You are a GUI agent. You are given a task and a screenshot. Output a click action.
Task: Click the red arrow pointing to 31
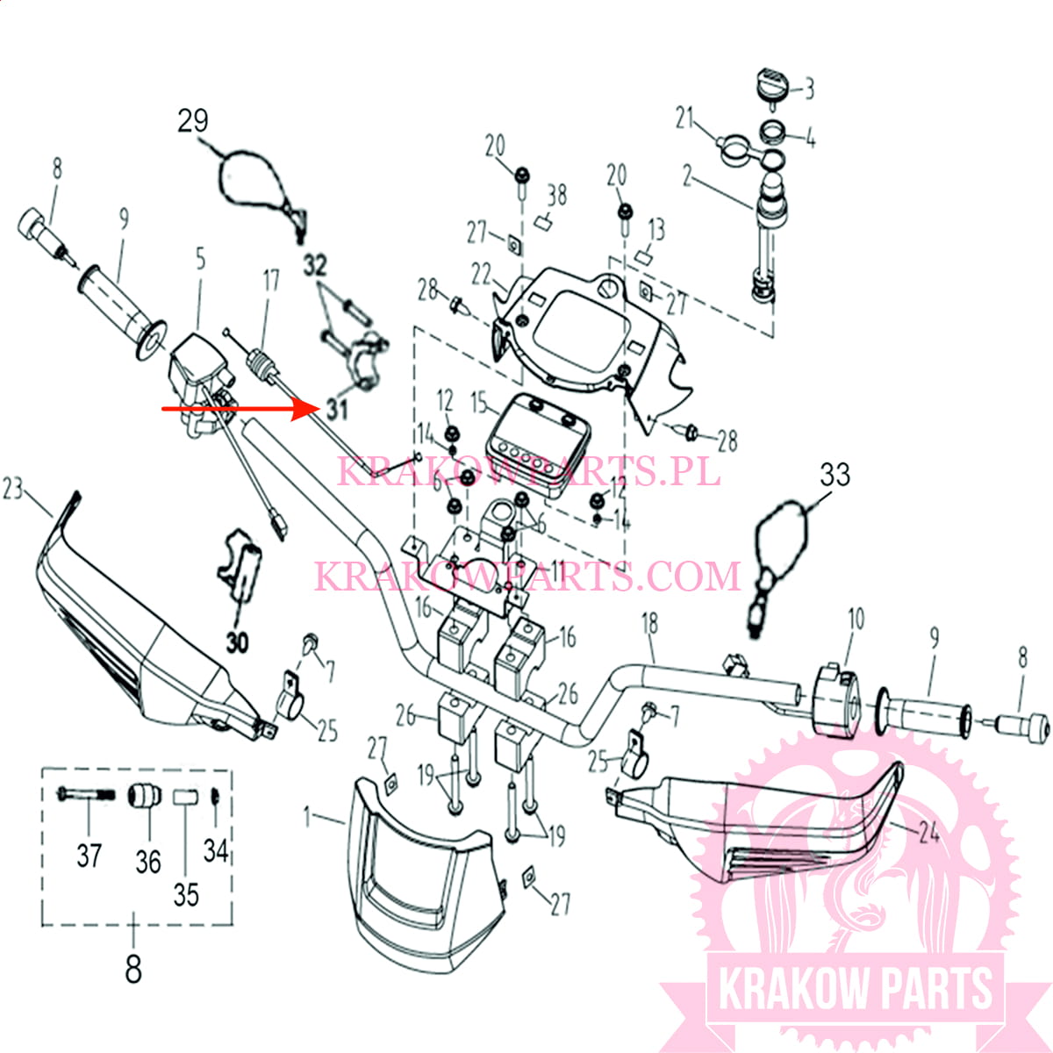pos(237,408)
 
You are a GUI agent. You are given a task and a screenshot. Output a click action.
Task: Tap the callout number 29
pos(193,120)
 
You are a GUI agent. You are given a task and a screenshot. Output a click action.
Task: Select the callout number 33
pos(835,475)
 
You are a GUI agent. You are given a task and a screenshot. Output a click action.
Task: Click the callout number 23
pos(13,488)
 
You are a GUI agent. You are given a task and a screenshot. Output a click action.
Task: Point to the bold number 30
pos(238,642)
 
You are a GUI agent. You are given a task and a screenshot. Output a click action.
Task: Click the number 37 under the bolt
pos(89,855)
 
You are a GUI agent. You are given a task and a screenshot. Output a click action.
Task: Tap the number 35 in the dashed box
pos(186,894)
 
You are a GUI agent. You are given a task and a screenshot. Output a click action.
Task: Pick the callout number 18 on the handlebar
pos(649,624)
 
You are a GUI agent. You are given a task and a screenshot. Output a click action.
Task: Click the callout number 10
pos(856,619)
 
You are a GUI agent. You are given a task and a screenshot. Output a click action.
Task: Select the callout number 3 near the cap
pos(809,88)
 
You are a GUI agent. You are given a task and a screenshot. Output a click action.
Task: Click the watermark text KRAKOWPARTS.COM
pos(527,577)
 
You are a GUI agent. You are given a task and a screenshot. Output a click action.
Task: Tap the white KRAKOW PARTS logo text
pos(856,989)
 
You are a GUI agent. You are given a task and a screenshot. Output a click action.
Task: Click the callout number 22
pos(481,275)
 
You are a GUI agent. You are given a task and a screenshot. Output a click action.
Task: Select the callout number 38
pos(557,194)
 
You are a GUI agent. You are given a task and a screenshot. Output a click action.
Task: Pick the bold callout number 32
pos(314,266)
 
